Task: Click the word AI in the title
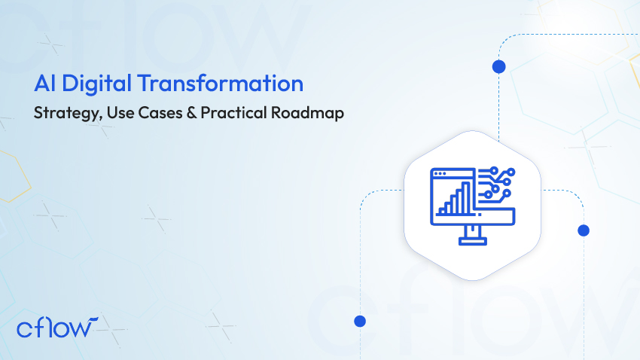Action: [x=44, y=84]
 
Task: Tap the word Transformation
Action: [x=221, y=83]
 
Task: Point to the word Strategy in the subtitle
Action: [x=68, y=113]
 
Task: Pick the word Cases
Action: [x=160, y=113]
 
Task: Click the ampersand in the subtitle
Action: [x=191, y=113]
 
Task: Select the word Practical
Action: [x=233, y=112]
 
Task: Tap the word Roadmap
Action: [x=307, y=113]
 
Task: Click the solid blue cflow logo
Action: [x=56, y=328]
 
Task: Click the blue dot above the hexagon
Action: [x=498, y=66]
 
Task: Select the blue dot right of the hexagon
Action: [x=584, y=230]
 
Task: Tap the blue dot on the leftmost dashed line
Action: [x=360, y=322]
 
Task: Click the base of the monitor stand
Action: [x=473, y=242]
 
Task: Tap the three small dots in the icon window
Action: [x=440, y=174]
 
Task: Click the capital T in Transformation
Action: [x=145, y=84]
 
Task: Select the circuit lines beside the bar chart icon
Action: [x=496, y=185]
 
